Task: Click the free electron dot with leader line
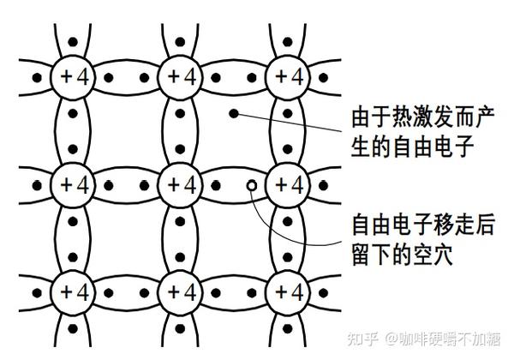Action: click(x=232, y=113)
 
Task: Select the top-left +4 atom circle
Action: click(x=72, y=77)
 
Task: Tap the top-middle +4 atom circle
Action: click(x=180, y=77)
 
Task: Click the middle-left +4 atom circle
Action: click(x=72, y=184)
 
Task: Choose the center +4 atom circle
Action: click(x=180, y=184)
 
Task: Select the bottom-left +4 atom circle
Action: click(x=72, y=291)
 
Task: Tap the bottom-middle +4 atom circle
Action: click(x=180, y=291)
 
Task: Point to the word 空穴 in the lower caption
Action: click(x=436, y=255)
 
